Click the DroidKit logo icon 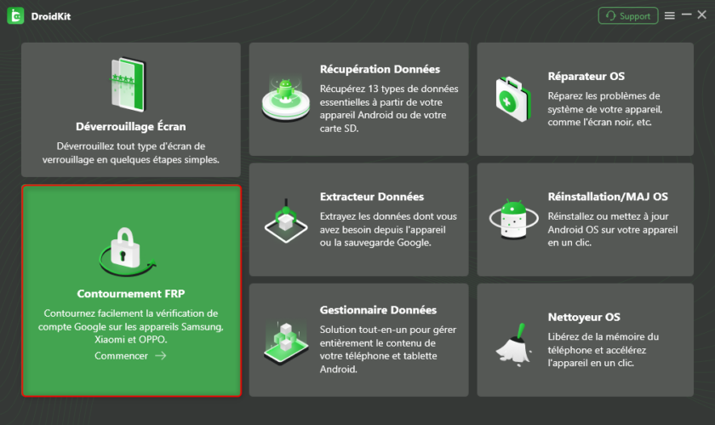coord(15,16)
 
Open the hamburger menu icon coord(669,16)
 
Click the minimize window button coord(686,15)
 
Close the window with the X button coord(702,15)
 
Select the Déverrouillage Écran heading coord(131,126)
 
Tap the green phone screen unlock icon coord(129,84)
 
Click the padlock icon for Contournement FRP coord(127,251)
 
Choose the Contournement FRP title coord(131,294)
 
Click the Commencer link coord(121,356)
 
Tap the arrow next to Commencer coord(161,356)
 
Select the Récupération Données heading coord(380,69)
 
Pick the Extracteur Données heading coord(372,197)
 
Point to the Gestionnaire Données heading coord(378,310)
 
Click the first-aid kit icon coord(513,99)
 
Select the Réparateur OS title coord(586,77)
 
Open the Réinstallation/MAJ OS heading coord(608,197)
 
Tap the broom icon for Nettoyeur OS coord(514,345)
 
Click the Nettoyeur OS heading coord(584,318)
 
